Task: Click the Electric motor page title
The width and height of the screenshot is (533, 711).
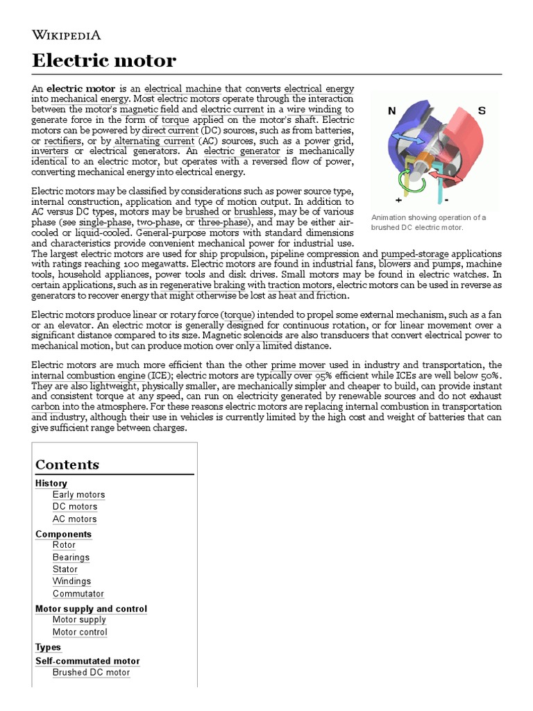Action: [x=104, y=61]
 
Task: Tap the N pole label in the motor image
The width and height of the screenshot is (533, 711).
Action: [x=391, y=110]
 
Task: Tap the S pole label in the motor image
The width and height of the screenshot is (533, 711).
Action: [x=482, y=110]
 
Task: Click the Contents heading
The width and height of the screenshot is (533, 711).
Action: [x=67, y=465]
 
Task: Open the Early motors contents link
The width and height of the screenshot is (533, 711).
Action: [x=78, y=495]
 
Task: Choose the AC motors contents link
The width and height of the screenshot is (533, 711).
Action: [x=74, y=519]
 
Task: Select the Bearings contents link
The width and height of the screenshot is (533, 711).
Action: [x=71, y=557]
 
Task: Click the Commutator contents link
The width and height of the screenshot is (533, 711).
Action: [x=78, y=594]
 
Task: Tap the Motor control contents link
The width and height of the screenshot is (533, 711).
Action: [x=80, y=632]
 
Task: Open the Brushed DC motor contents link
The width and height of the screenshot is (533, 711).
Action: [x=91, y=671]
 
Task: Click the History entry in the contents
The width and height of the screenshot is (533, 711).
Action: [x=51, y=483]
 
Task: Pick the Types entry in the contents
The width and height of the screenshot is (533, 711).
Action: [x=48, y=647]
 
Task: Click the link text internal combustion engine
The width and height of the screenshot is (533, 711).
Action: [x=90, y=376]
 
